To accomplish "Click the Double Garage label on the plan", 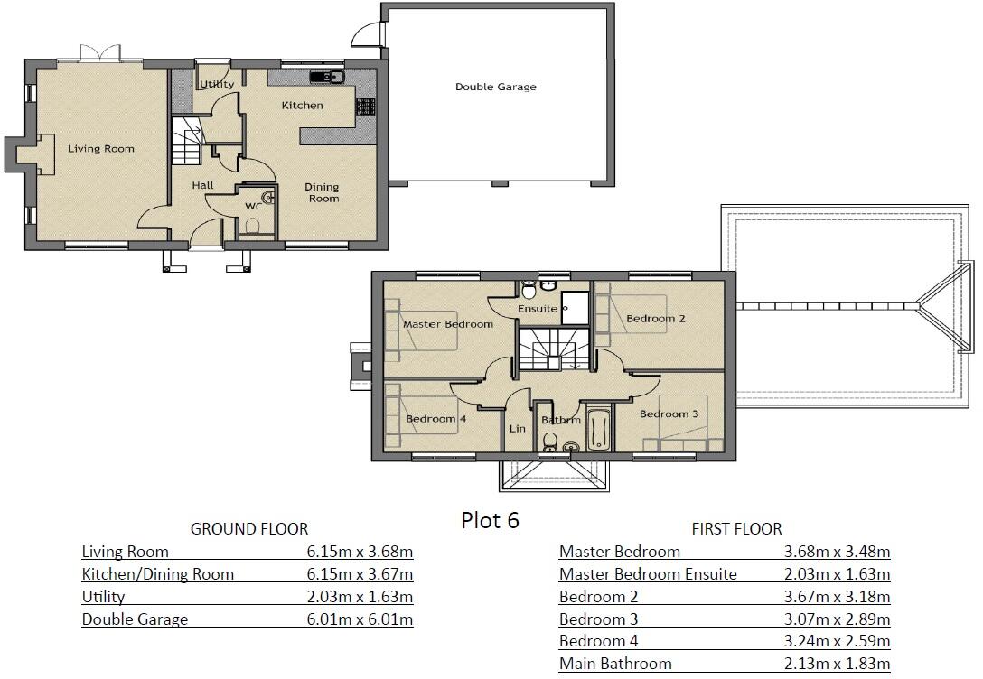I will tap(495, 88).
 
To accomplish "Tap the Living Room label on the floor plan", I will tap(101, 149).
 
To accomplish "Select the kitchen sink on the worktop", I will tap(323, 77).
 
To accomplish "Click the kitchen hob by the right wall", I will tap(367, 106).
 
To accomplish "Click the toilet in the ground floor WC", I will tap(253, 226).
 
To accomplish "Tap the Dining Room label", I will tap(323, 191).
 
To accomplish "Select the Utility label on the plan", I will tap(217, 85).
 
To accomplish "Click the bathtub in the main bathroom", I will tap(599, 428).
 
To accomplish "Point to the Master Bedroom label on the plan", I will tap(447, 324).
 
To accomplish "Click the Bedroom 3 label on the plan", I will tap(669, 414).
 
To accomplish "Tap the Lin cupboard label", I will tap(517, 429).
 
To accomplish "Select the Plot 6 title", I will tap(490, 520).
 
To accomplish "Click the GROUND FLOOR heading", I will tap(248, 529).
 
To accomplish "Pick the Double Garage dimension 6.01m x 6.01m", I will tap(360, 619).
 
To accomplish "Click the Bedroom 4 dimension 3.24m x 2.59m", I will tap(837, 641).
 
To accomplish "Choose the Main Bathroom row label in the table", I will tap(615, 664).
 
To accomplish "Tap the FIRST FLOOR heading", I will tap(736, 529).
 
